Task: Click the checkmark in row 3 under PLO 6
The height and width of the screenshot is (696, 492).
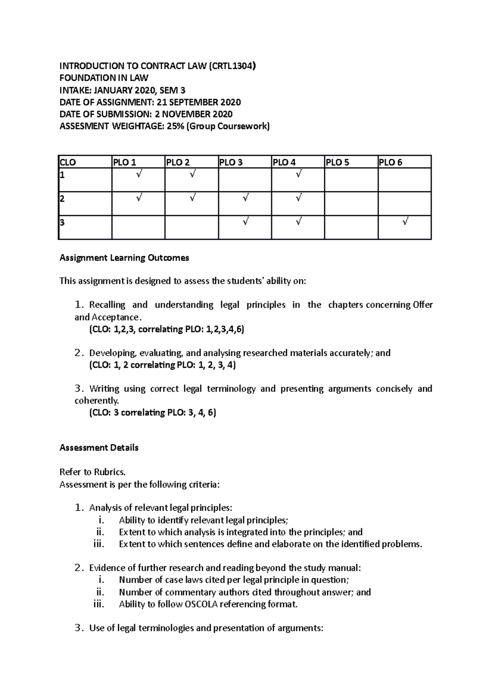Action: point(405,222)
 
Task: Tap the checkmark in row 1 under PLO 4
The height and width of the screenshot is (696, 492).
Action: point(298,175)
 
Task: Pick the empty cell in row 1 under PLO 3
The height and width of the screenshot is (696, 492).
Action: point(245,180)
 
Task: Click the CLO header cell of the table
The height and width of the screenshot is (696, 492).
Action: point(68,162)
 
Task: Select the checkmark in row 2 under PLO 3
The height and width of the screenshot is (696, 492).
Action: point(245,199)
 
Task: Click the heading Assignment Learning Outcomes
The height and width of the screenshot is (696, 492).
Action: point(124,258)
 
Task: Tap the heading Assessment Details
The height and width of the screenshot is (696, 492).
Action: point(99,448)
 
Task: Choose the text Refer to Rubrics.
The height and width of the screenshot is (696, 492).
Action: point(92,472)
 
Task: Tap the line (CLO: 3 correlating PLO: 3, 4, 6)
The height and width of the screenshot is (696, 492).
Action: point(153,412)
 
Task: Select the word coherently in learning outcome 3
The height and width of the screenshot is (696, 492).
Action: point(96,400)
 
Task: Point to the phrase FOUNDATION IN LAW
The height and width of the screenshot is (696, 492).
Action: point(104,78)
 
